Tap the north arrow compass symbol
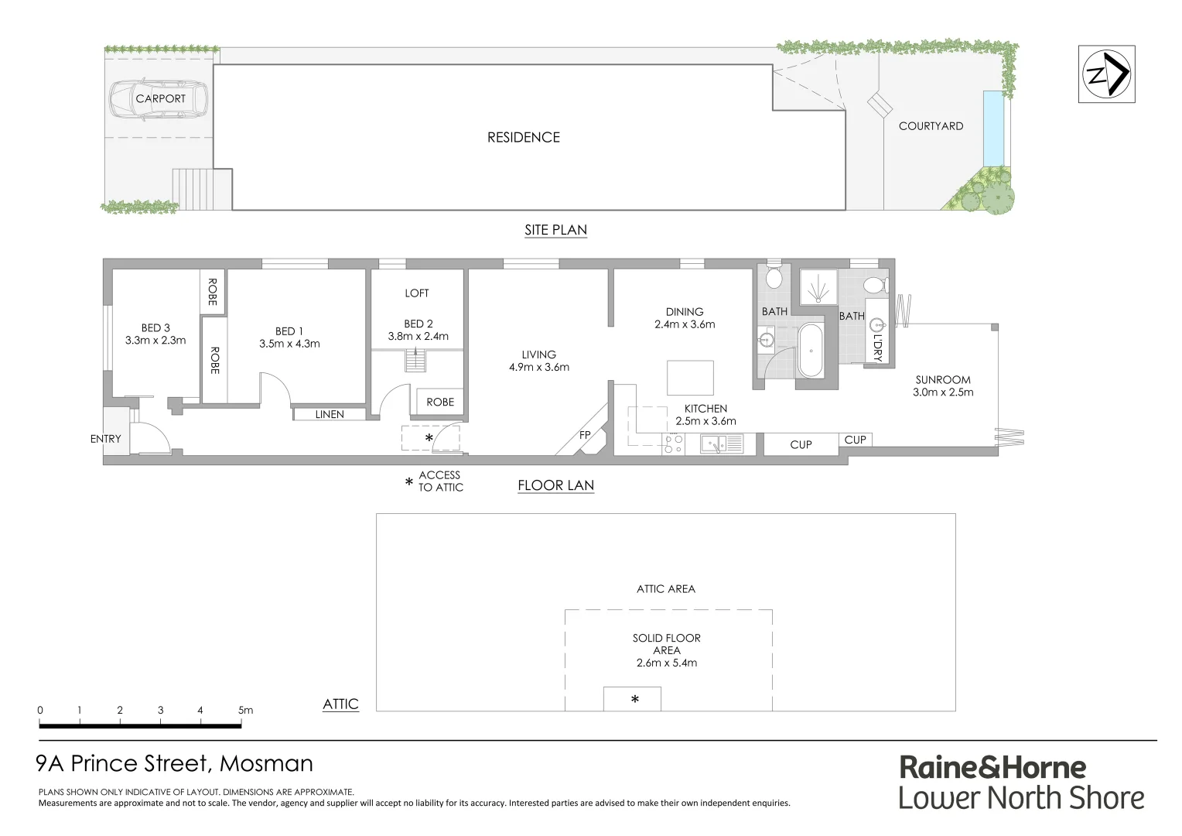[x=1107, y=74]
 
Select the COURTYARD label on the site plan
[x=931, y=125]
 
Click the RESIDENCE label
[x=523, y=137]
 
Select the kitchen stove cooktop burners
[x=673, y=444]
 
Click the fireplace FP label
[x=586, y=435]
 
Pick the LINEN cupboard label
[x=330, y=414]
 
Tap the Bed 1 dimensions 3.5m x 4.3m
[x=289, y=344]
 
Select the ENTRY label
[x=106, y=439]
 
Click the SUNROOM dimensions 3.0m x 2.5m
[x=943, y=392]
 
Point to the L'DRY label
[x=878, y=349]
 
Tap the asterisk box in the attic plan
[x=632, y=699]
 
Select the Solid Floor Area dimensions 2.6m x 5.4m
[x=667, y=663]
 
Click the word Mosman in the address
[x=266, y=763]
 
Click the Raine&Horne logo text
[x=992, y=767]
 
